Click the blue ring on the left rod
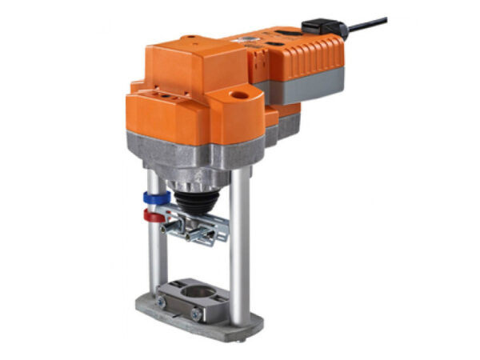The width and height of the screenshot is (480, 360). click(x=153, y=198)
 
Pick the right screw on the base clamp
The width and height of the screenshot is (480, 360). click(x=195, y=315)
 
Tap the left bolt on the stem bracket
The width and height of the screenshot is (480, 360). click(x=169, y=229)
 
